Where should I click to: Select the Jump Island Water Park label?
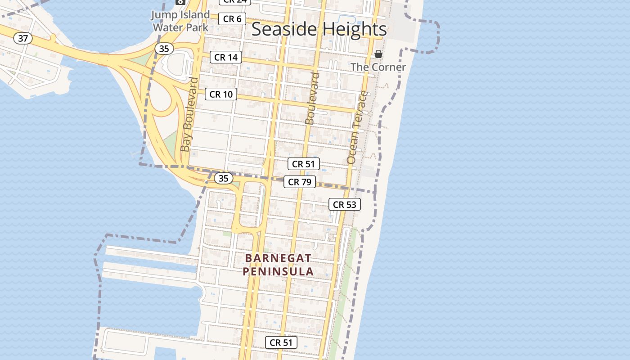180,21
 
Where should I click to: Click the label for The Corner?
378,67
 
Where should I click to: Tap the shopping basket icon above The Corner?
378,54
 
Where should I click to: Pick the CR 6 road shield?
232,19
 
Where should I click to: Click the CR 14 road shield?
226,57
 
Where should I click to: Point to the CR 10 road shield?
221,94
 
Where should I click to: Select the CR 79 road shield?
299,182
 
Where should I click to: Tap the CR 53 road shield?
344,204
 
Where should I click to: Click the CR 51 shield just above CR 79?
304,164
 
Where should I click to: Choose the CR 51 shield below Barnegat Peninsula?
281,342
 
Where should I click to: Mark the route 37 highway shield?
23,38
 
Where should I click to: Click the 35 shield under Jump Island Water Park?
163,49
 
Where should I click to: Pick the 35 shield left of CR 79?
223,178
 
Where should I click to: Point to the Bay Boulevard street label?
189,115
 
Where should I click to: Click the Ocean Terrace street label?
358,127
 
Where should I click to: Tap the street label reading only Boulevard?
312,98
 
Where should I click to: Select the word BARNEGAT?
278,258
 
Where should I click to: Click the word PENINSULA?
278,272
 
